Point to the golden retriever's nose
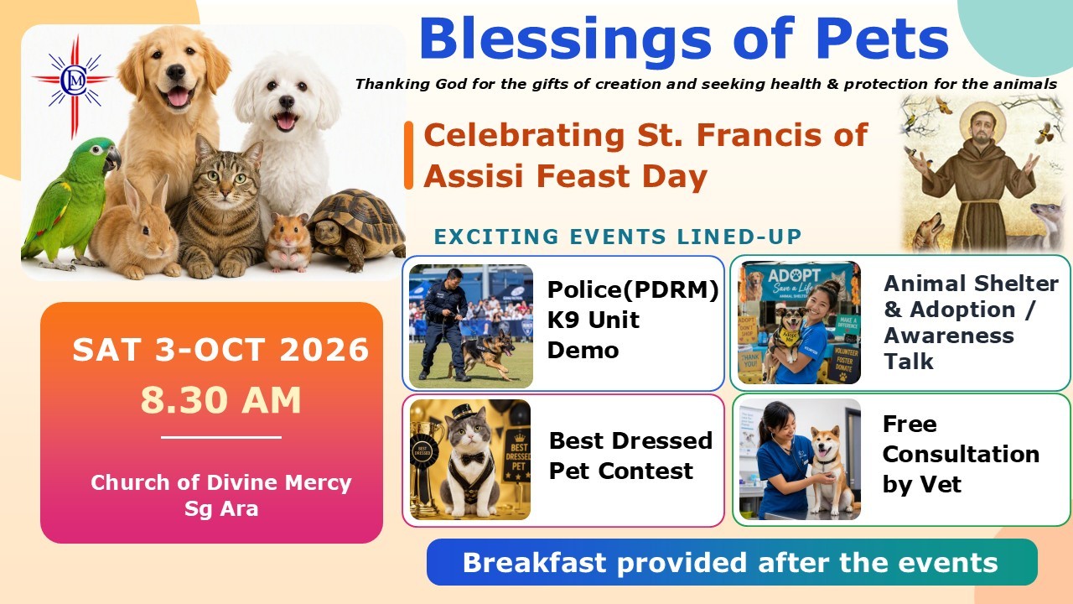click(x=175, y=72)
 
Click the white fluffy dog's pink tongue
click(x=286, y=121)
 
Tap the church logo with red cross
click(x=73, y=82)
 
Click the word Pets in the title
click(x=883, y=39)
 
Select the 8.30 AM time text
click(x=220, y=400)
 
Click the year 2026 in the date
click(x=324, y=350)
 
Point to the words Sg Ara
click(x=221, y=508)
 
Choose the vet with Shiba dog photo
click(x=800, y=459)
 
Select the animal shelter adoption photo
click(x=799, y=323)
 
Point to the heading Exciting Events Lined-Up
click(x=618, y=237)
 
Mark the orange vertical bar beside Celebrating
click(x=408, y=155)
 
